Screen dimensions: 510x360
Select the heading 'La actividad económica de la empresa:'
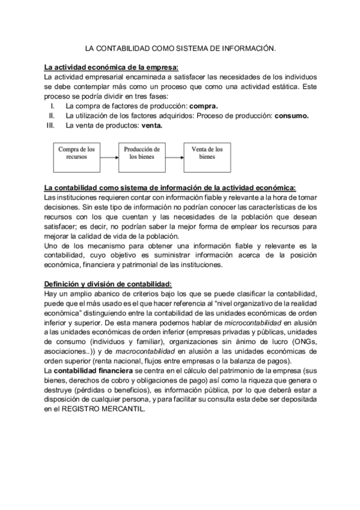112,67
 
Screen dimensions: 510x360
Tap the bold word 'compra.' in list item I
201,106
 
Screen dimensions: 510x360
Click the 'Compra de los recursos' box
76,153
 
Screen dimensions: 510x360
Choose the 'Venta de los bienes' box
207,153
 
